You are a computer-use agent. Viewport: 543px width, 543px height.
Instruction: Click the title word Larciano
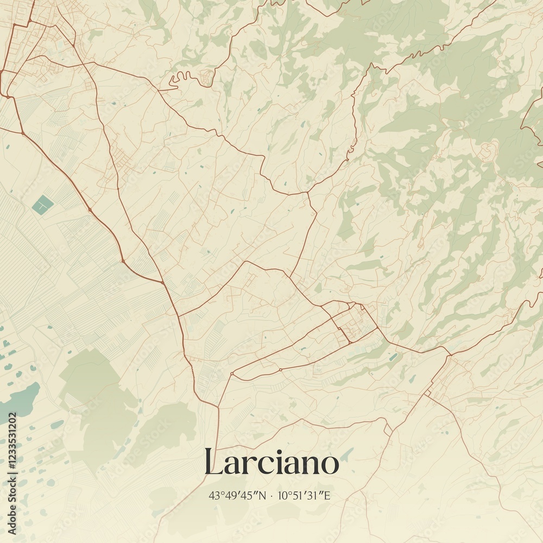(271, 463)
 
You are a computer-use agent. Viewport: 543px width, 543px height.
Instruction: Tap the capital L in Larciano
(213, 463)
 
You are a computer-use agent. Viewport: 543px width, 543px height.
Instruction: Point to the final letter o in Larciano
(330, 465)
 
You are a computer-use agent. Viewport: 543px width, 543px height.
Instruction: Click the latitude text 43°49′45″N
(237, 495)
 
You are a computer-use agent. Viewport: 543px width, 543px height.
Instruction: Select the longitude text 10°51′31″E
(304, 495)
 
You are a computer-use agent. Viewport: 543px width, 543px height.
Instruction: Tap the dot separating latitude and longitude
(271, 495)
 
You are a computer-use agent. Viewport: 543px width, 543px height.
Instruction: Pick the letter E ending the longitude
(327, 495)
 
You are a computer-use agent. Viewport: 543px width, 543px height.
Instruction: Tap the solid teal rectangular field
(42, 205)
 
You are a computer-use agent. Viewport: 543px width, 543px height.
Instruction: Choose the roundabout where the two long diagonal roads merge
(162, 282)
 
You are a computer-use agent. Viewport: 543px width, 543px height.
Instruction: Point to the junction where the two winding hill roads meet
(307, 192)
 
